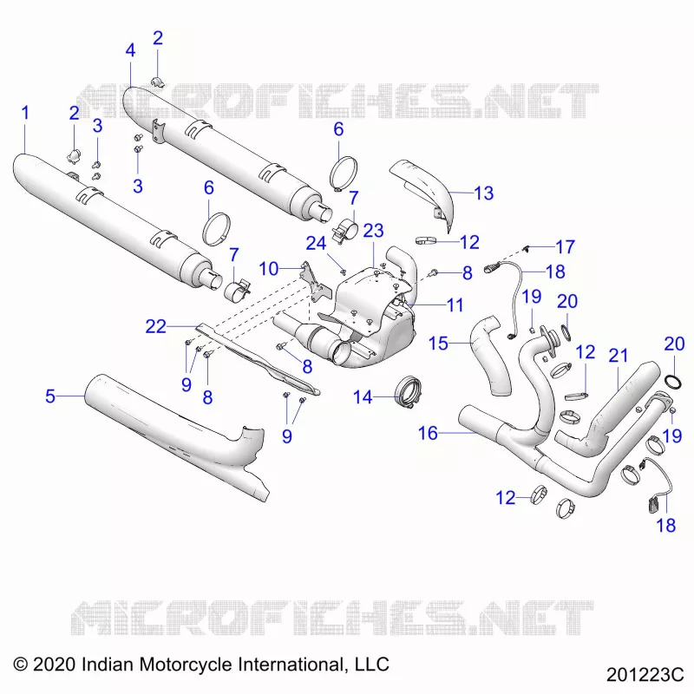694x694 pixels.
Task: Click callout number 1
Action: point(26,113)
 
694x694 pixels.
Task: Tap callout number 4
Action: point(130,50)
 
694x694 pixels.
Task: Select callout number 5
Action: point(50,396)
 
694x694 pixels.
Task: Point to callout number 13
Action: point(483,193)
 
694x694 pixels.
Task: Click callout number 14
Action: point(363,397)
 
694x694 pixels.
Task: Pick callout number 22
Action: point(156,327)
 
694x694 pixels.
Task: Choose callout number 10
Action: point(269,269)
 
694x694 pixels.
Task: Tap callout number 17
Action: point(565,247)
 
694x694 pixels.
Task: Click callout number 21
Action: point(619,356)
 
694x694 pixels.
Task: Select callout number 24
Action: point(316,243)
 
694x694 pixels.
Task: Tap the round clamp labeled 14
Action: point(409,392)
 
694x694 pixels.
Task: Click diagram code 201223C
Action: point(645,675)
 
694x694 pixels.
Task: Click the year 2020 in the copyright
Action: point(54,665)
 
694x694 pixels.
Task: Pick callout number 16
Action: point(428,433)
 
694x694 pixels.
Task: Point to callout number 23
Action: point(373,231)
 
